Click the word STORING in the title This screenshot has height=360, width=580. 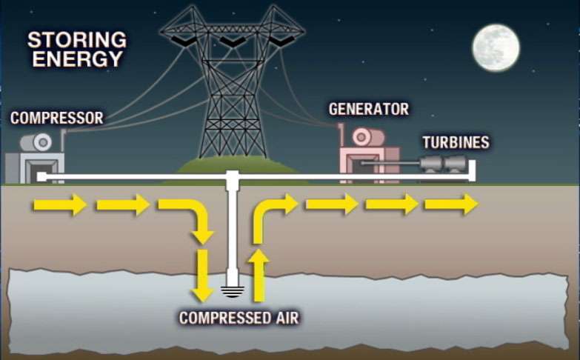pyautogui.click(x=76, y=39)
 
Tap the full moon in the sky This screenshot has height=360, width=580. pyautogui.click(x=496, y=47)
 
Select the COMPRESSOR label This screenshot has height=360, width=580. pyautogui.click(x=56, y=118)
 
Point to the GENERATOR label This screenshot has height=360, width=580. pyautogui.click(x=368, y=110)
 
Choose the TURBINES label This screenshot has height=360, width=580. pyautogui.click(x=456, y=141)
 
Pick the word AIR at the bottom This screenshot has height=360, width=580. pyautogui.click(x=284, y=319)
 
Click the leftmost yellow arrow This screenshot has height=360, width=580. pyautogui.click(x=59, y=204)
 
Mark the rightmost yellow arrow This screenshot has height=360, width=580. pyautogui.click(x=451, y=204)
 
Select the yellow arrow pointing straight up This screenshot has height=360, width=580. pyautogui.click(x=258, y=276)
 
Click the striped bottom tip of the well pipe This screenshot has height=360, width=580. pyautogui.click(x=232, y=290)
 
